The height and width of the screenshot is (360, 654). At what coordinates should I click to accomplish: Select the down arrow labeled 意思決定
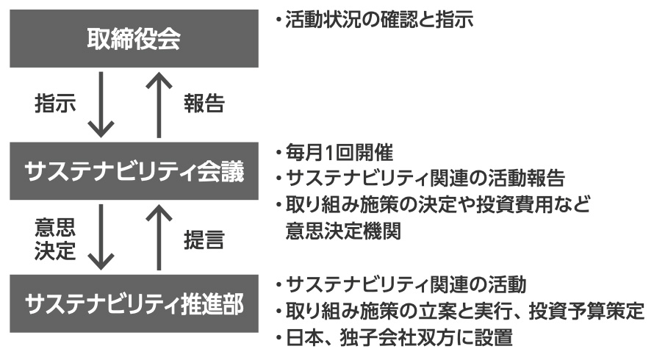(102, 238)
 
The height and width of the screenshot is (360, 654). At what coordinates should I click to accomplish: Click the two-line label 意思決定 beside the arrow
(55, 238)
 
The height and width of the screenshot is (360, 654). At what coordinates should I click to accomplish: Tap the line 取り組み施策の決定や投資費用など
(434, 204)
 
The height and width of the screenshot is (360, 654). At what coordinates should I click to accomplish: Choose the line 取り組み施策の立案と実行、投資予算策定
(460, 312)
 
